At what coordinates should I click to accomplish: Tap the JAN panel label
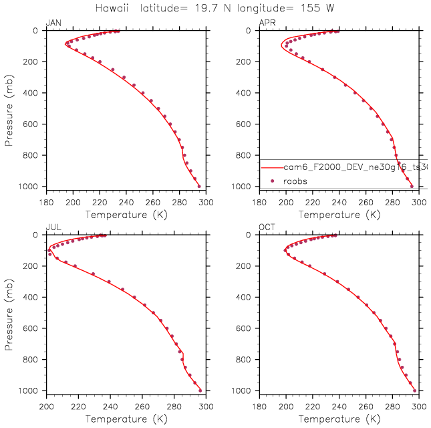(53, 23)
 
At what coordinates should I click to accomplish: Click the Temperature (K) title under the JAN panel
(126, 215)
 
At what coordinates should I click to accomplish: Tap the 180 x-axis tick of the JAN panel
(46, 202)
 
